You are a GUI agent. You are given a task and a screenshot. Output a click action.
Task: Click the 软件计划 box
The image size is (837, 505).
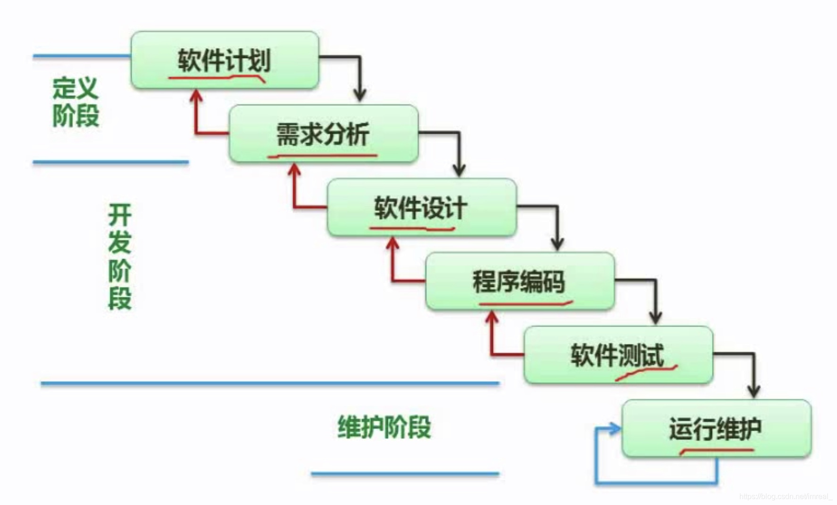(x=225, y=60)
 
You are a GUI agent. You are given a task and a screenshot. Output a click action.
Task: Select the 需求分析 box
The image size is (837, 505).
(x=324, y=134)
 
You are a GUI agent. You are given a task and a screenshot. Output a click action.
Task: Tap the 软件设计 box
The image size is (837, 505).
(x=422, y=207)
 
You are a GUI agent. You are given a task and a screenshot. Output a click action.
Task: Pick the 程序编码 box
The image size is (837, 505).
(x=520, y=281)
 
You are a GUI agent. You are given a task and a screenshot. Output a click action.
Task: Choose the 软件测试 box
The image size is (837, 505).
(x=619, y=355)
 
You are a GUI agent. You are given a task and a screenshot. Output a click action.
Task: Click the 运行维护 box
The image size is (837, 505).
(x=717, y=429)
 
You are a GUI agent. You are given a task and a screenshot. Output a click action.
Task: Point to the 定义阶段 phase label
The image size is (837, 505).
(x=75, y=102)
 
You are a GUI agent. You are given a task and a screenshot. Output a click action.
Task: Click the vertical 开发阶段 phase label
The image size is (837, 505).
(x=120, y=257)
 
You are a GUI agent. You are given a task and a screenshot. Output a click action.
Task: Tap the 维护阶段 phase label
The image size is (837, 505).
(x=384, y=427)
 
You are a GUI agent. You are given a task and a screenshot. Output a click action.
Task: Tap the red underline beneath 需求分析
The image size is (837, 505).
(x=322, y=155)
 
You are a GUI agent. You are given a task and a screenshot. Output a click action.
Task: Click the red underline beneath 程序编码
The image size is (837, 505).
(x=526, y=303)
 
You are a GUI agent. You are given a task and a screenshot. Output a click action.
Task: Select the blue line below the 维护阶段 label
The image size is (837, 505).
(x=405, y=473)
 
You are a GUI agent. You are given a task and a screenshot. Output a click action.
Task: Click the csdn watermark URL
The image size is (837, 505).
(x=786, y=496)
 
